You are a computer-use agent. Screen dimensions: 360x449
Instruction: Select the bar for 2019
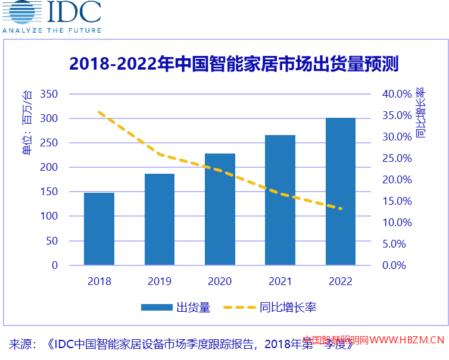pos(160,220)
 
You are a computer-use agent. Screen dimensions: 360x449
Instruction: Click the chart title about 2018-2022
pos(233,64)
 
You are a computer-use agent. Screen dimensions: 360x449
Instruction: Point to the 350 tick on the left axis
pos(49,94)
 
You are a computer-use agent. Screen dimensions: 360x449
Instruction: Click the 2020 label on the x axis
pos(220,281)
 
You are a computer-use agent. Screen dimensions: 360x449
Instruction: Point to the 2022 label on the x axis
pos(341,281)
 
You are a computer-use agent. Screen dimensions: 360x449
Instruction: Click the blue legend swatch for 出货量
pos(156,308)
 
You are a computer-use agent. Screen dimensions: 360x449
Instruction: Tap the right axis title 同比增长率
pos(420,113)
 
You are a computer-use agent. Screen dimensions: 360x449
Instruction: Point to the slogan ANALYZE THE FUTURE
pos(52,30)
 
